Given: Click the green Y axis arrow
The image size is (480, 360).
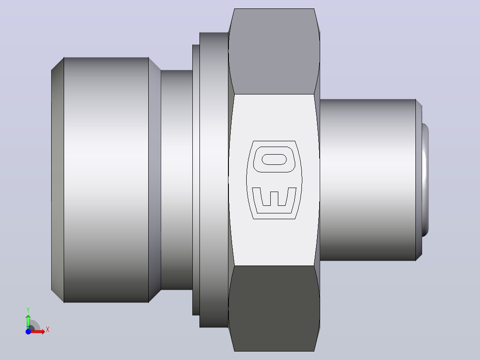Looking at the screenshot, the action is point(28,322).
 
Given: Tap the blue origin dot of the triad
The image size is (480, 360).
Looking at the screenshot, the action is point(28,331).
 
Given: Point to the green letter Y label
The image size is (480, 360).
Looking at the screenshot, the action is point(28,310).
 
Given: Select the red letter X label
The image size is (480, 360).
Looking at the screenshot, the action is point(48,330).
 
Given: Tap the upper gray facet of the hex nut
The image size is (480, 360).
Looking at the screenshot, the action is point(274,51).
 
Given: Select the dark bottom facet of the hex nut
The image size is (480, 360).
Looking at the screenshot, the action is point(274,308).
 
